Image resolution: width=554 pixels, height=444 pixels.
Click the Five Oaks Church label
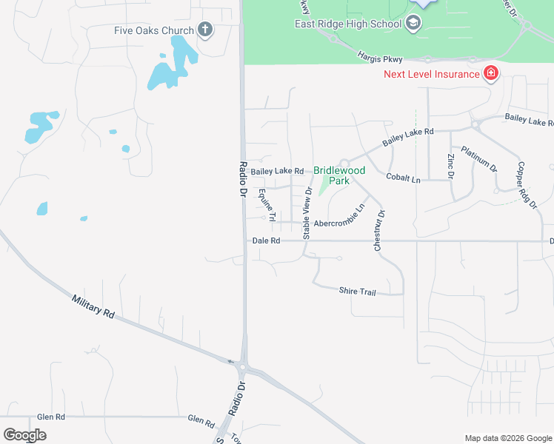coord(153,30)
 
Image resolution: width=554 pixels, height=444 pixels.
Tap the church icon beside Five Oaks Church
coord(205,30)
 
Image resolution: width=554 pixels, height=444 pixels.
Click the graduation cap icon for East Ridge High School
coord(413,24)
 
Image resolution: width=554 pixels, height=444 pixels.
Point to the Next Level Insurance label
coord(431,73)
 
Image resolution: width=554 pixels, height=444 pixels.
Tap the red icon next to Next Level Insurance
coord(490,73)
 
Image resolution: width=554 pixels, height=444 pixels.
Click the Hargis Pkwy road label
coord(378,55)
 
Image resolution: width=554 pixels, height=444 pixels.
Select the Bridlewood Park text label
coord(339,175)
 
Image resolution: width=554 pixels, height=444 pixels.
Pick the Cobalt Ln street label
coord(403,178)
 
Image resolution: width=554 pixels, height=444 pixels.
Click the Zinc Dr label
coord(450,166)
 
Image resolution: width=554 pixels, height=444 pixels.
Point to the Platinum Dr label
coord(478,159)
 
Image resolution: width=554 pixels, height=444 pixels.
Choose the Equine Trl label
coord(267,205)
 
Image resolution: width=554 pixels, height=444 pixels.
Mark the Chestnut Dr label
coord(380,231)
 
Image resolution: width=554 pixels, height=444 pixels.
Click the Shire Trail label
coord(358,292)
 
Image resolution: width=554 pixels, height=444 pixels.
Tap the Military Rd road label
coord(93,306)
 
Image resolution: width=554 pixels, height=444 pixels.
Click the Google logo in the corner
coord(24,434)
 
